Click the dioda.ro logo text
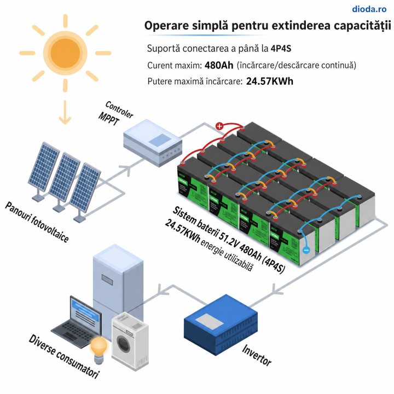click(369, 9)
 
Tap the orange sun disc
click(65, 53)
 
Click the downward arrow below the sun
click(65, 112)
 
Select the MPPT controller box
click(153, 143)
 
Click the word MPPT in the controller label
click(108, 119)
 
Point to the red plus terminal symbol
click(219, 126)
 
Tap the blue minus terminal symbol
click(306, 250)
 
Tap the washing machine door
click(123, 343)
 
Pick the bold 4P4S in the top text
click(281, 49)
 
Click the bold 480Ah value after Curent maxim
click(219, 65)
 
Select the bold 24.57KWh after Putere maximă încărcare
click(270, 82)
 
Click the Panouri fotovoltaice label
click(37, 222)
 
